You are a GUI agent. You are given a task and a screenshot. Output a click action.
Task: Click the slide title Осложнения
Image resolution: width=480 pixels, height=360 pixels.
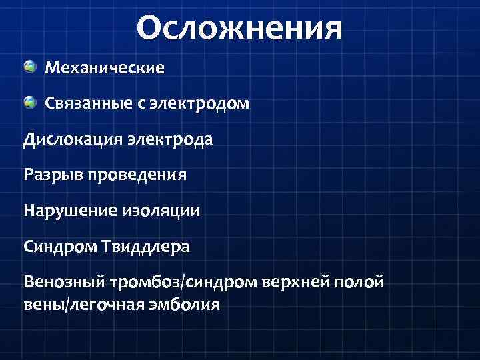click(239, 29)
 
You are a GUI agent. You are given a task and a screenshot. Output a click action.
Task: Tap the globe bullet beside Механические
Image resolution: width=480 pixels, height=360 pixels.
click(30, 67)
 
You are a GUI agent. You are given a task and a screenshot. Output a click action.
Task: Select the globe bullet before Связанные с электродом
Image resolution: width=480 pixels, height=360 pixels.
click(30, 103)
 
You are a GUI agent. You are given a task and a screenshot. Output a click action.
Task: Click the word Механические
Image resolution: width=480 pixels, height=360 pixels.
click(104, 68)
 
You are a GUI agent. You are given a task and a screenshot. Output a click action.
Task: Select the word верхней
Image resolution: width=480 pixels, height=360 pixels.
click(299, 283)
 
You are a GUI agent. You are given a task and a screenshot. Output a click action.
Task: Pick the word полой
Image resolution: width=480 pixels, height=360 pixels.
click(364, 283)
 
